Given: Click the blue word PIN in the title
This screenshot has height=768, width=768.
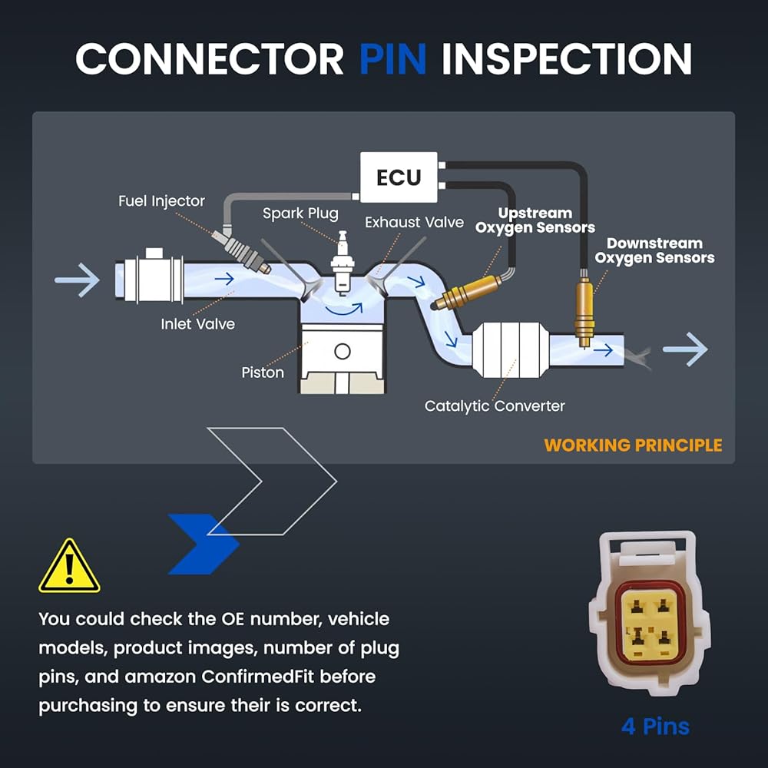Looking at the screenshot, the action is pos(392,59).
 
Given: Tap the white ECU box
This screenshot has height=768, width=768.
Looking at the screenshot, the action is pos(399,177).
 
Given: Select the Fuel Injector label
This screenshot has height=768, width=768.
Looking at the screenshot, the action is pos(161,201).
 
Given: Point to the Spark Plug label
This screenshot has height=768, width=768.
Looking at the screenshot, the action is pos(300,214).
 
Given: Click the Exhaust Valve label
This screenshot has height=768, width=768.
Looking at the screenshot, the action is pos(415,223).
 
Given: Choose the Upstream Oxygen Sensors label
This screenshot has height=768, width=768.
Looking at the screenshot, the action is pos(535,220).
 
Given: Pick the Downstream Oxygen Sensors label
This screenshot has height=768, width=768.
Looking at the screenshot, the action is pos(655,251).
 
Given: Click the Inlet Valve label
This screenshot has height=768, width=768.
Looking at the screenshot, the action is pos(198,324).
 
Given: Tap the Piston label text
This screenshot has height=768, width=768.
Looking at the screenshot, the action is pos(263,372).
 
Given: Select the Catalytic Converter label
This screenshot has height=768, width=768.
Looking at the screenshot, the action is pos(495,406).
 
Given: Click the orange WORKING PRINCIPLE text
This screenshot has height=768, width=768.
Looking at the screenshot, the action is pos(633,445).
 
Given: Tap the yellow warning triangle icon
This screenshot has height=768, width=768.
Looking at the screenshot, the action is pos(70,566).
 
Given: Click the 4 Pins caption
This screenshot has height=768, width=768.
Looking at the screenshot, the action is pos(655,727).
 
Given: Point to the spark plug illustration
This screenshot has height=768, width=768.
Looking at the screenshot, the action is pos(343,262).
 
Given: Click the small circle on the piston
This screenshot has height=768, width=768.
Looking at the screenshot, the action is pos(343,351).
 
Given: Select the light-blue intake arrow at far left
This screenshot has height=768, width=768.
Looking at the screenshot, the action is pos(78,280).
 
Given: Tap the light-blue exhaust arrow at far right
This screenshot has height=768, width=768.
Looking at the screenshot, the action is pos(685,349).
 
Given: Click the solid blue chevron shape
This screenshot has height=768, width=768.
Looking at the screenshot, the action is pos(204,544).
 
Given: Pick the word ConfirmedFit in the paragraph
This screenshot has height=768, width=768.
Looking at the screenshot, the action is pos(257,677).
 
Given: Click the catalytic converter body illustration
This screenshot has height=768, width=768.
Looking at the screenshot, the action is pos(510,349).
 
